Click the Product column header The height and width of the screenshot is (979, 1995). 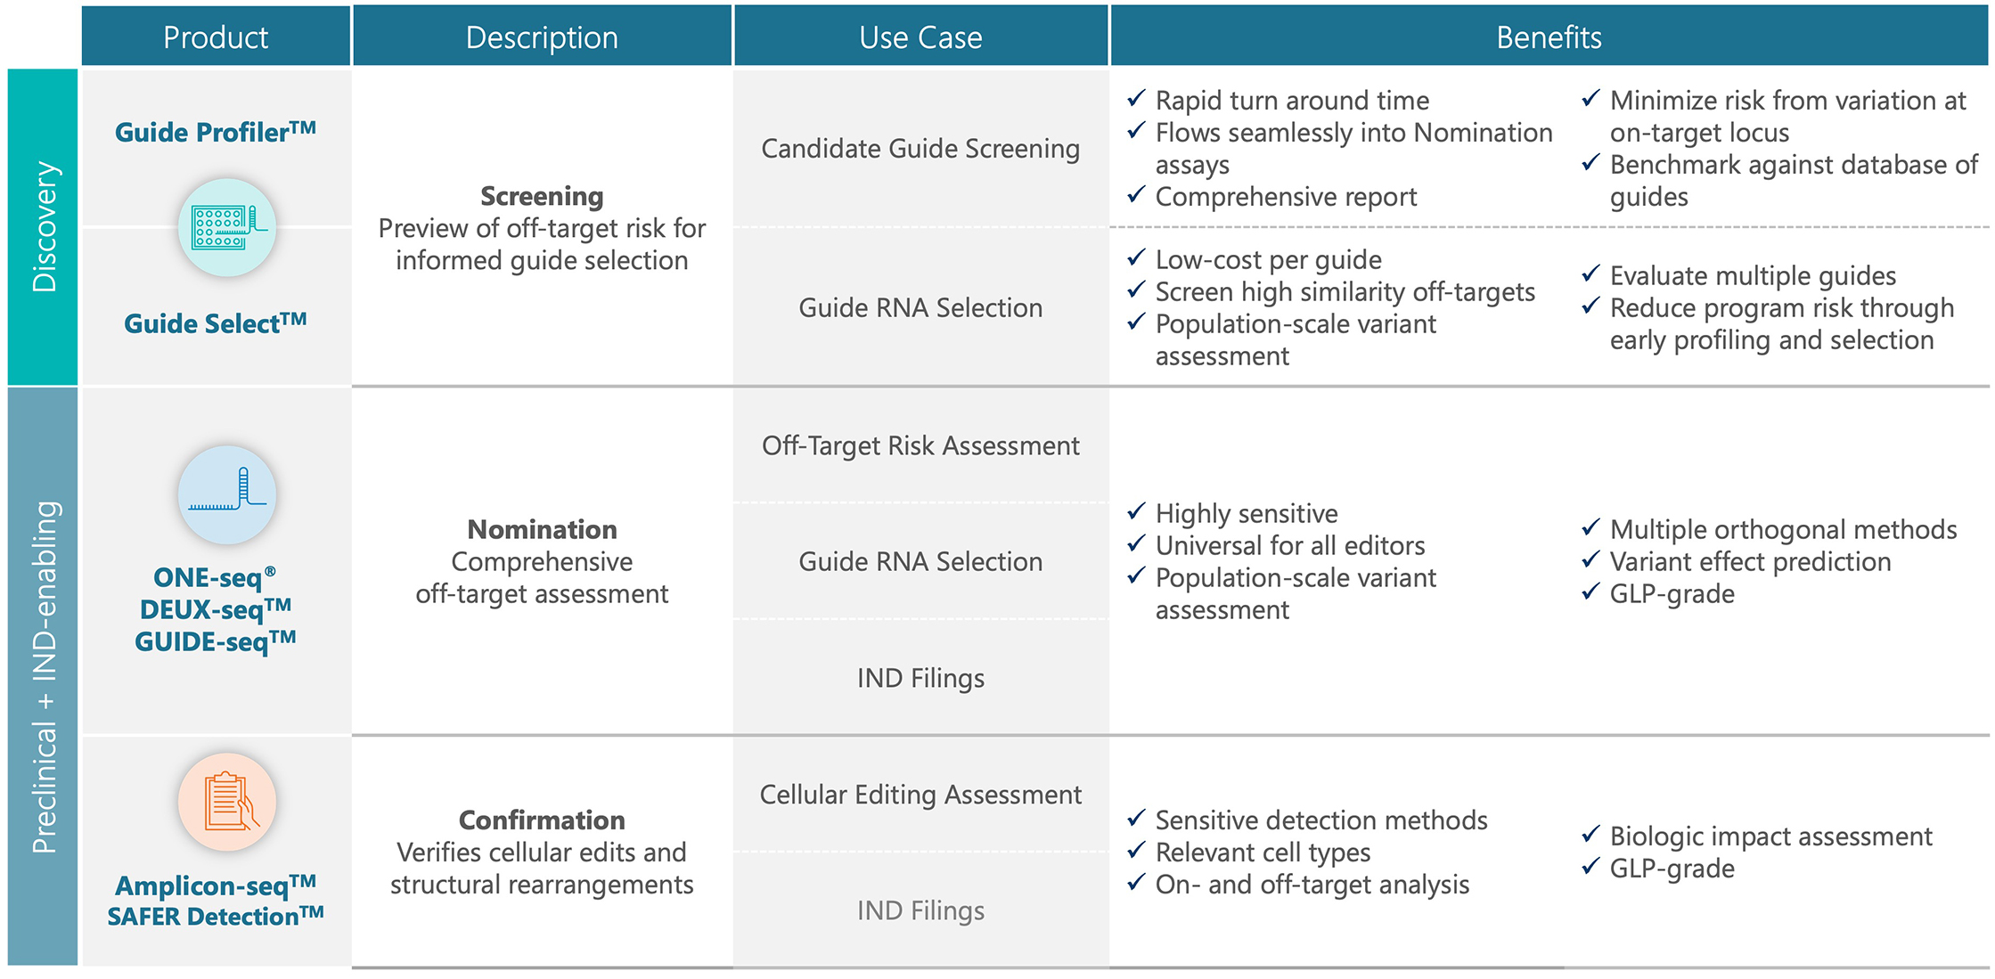(x=216, y=37)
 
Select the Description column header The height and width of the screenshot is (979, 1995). (x=542, y=37)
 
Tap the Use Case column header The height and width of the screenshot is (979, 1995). (x=920, y=37)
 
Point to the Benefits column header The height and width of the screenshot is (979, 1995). (x=1549, y=37)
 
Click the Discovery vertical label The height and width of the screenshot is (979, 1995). (x=44, y=226)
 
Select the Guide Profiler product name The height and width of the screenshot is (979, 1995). (x=216, y=132)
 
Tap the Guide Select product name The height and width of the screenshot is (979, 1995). (x=216, y=322)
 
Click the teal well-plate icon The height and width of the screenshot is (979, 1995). (x=227, y=227)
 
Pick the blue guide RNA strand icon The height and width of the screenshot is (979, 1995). (x=227, y=494)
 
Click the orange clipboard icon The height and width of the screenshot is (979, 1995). (x=227, y=802)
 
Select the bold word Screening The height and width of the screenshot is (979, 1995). (x=542, y=196)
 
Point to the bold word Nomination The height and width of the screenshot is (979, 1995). (x=542, y=529)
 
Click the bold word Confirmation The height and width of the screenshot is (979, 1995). (x=542, y=820)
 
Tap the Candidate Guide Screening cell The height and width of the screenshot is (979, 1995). (x=920, y=148)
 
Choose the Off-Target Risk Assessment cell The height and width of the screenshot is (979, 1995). (x=920, y=445)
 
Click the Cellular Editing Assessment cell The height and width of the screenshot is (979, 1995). (x=920, y=794)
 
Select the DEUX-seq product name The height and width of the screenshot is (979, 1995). (x=216, y=609)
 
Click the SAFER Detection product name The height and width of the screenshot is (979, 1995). (x=216, y=916)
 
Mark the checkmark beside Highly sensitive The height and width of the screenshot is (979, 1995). (x=1136, y=511)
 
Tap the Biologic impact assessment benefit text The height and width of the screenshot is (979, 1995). (x=1770, y=836)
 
